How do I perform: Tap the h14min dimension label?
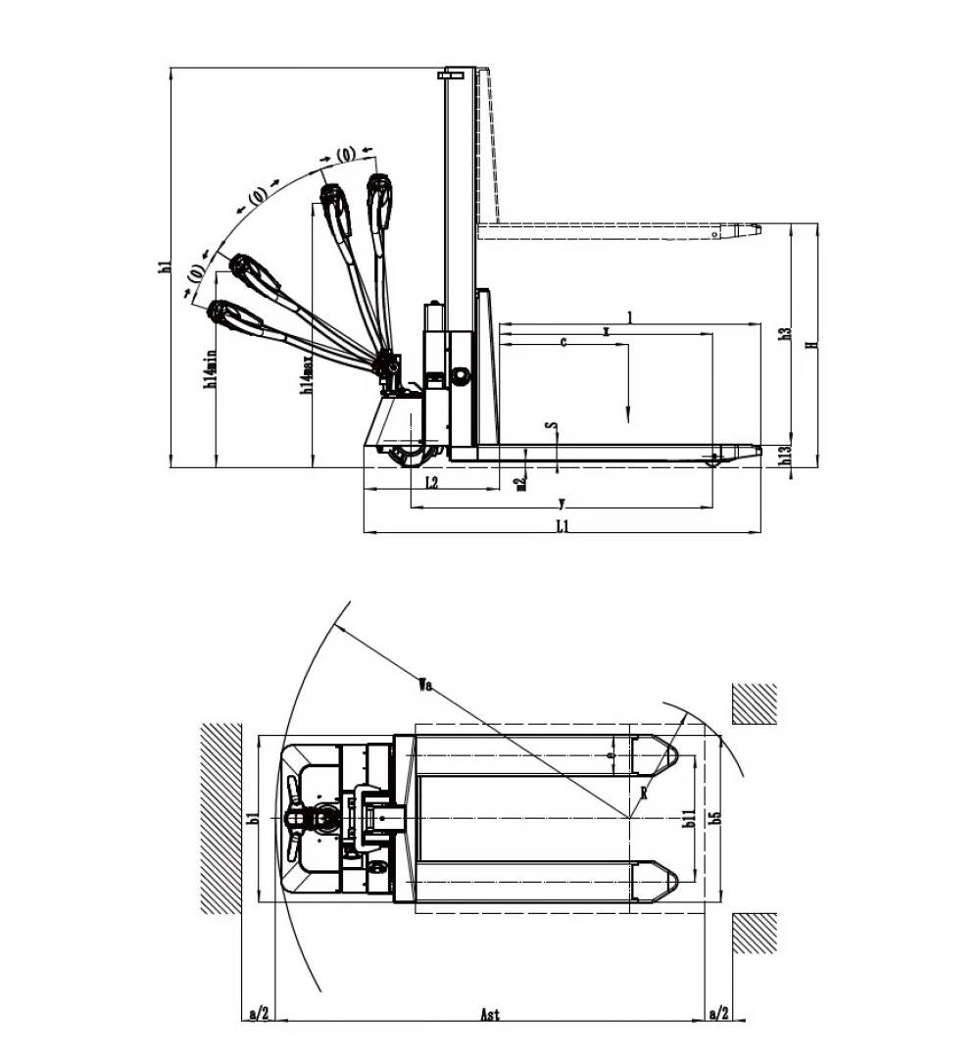tap(209, 369)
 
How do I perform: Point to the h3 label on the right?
tap(784, 334)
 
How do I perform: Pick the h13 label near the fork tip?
tap(784, 456)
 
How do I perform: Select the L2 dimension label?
tap(431, 481)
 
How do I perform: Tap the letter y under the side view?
tap(561, 504)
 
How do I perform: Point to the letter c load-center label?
tap(563, 342)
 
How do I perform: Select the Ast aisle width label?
tap(490, 1015)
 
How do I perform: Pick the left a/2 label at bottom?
tap(258, 1012)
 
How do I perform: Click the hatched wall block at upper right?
tap(755, 703)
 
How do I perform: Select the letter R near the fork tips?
tap(642, 793)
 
